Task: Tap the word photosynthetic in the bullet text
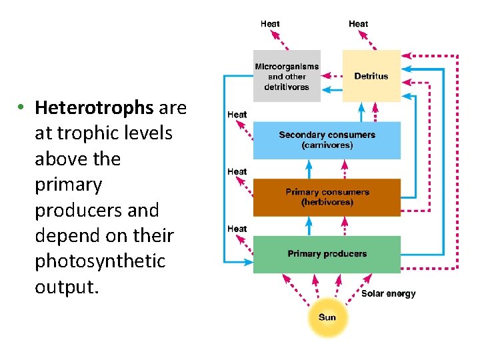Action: click(99, 261)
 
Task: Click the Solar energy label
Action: click(388, 293)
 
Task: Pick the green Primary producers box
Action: click(327, 254)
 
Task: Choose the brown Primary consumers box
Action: click(327, 197)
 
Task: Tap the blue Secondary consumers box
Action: click(327, 139)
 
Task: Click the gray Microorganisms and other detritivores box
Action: click(287, 76)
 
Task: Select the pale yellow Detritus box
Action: click(371, 76)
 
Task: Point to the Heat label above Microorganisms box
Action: click(270, 24)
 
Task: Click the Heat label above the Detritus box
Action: click(358, 24)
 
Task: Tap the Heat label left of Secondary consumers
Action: click(237, 115)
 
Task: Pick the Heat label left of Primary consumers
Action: click(237, 171)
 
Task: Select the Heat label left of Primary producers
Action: click(237, 229)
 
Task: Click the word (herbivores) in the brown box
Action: click(327, 202)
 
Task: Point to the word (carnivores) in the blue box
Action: click(327, 145)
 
